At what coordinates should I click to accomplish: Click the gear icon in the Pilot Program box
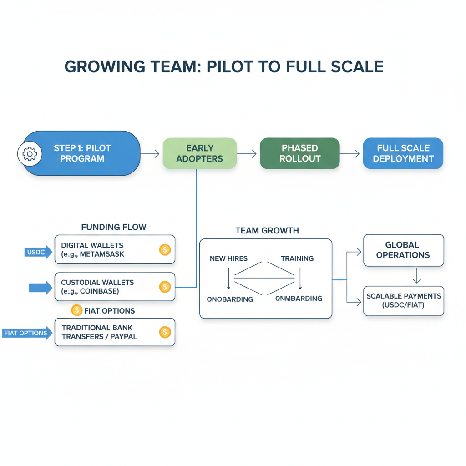[x=30, y=154]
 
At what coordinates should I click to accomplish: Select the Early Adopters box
[x=199, y=154]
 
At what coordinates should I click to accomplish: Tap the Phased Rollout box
[x=299, y=154]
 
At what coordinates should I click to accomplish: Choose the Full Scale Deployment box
[x=403, y=154]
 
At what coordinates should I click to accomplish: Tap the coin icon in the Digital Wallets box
[x=165, y=249]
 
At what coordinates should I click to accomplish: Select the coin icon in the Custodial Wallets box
[x=165, y=287]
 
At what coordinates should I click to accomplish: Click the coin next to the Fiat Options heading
[x=76, y=310]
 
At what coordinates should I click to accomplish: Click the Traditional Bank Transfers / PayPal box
[x=115, y=333]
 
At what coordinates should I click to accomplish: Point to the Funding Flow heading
[x=114, y=227]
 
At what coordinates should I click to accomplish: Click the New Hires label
[x=228, y=258]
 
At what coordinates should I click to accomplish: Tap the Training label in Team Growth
[x=297, y=258]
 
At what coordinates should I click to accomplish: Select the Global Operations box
[x=403, y=250]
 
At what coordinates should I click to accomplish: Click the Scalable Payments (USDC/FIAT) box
[x=403, y=301]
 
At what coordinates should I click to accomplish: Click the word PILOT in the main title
[x=237, y=66]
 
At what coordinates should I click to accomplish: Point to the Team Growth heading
[x=267, y=231]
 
